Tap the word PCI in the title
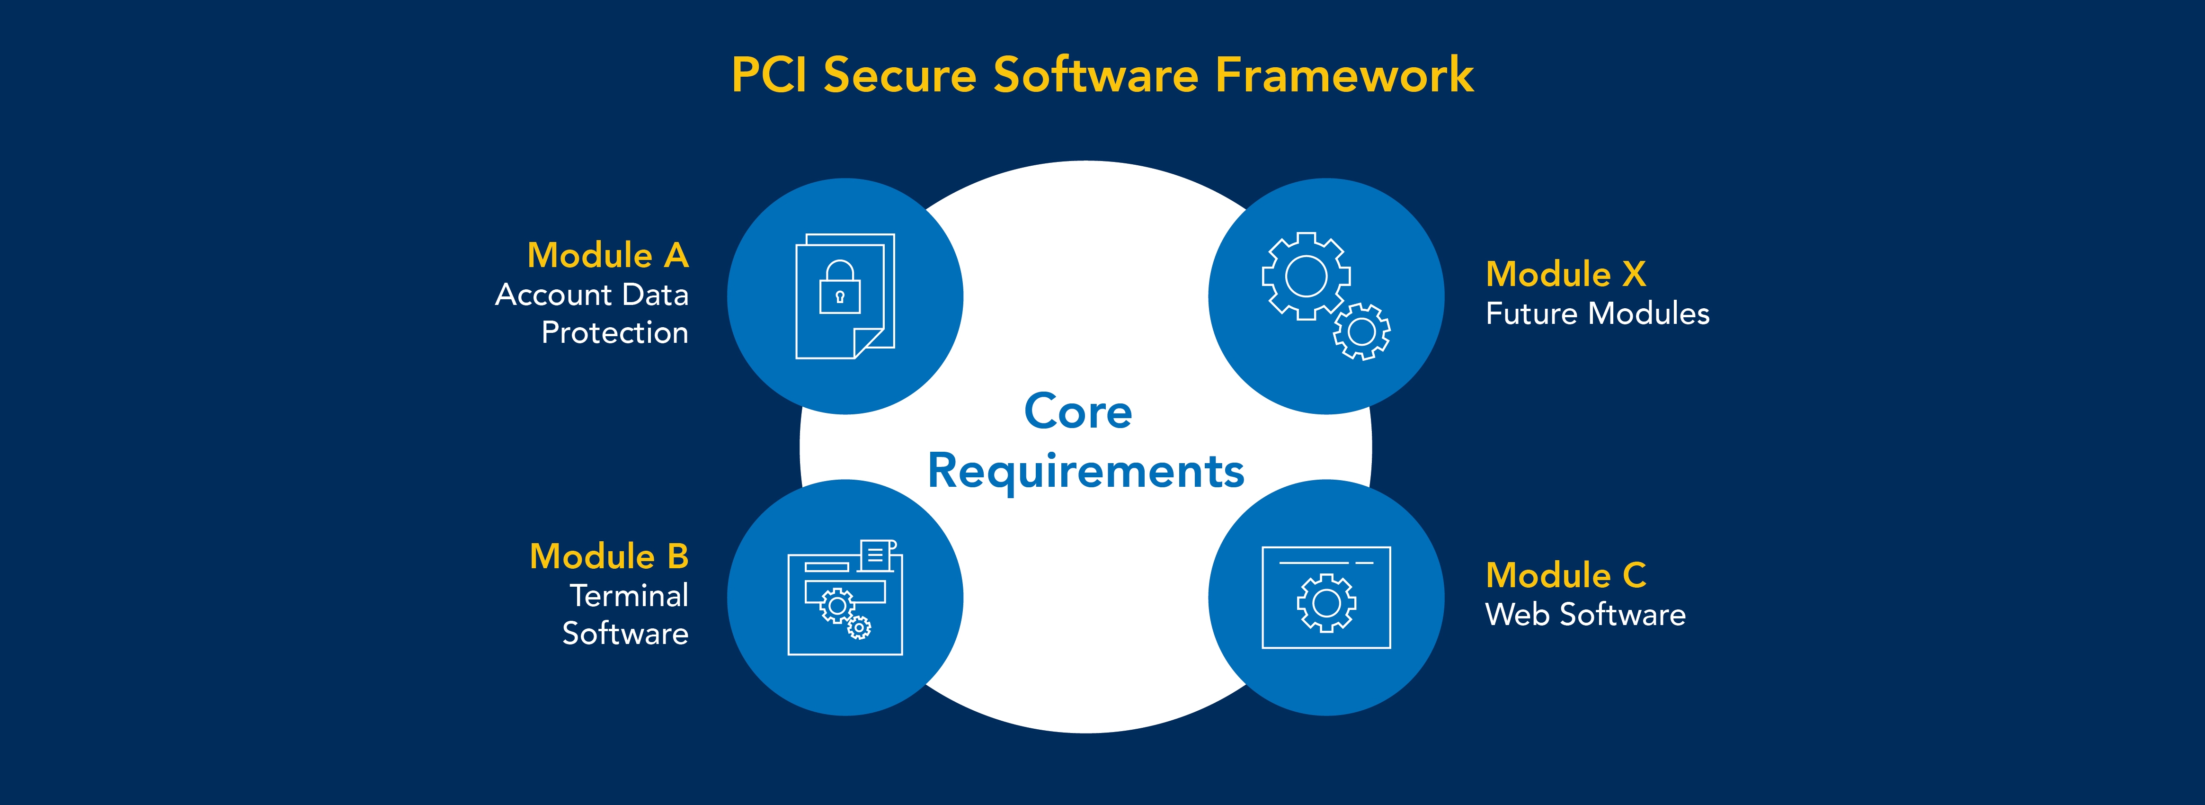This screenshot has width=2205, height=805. coord(769,75)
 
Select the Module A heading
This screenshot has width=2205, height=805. coord(608,255)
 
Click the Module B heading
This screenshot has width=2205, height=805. coord(609,557)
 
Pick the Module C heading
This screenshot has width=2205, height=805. coord(1565,575)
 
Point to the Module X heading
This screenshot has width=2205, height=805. coord(1565,274)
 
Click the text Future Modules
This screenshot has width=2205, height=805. coord(1597,313)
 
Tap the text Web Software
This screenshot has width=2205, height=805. coord(1585,615)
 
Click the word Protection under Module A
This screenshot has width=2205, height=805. coord(614,332)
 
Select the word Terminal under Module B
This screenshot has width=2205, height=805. coord(629,595)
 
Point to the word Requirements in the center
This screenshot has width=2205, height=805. coord(1085,471)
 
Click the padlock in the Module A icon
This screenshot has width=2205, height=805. coord(840,288)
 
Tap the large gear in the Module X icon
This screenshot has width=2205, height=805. coord(1306,276)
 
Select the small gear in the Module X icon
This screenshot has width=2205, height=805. coord(1361,331)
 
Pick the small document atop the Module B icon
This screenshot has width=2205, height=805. coord(877,555)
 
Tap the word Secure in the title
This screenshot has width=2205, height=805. coord(899,75)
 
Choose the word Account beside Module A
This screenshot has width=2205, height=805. coord(554,295)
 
